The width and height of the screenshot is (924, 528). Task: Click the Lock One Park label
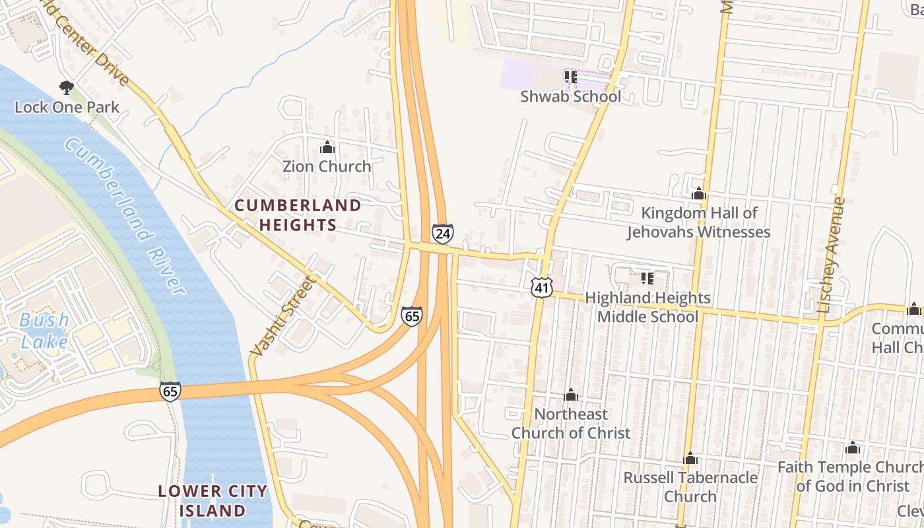coord(67,107)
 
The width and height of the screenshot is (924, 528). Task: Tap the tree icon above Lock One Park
coord(66,87)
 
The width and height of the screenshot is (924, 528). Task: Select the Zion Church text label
coord(327,166)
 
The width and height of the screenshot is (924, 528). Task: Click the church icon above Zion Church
coord(327,147)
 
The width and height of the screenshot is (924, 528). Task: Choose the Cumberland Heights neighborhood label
coord(298,215)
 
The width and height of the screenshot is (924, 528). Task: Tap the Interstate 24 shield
coord(443,234)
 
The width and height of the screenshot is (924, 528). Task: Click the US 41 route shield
coord(541,287)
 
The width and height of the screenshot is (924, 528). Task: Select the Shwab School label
coord(571,96)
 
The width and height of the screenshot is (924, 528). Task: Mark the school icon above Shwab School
coord(571,77)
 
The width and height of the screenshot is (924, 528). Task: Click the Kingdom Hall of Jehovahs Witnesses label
coord(698,222)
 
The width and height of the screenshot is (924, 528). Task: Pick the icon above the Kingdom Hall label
coord(698,194)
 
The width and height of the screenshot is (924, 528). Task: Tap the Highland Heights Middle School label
coord(647,308)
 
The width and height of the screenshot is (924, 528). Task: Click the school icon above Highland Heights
coord(647,279)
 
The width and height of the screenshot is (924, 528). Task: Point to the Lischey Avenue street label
coord(831,255)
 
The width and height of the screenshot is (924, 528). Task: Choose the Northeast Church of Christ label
coord(571,424)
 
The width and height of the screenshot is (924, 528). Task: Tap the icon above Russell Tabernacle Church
coord(690,458)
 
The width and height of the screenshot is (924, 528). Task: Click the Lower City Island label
coord(213,501)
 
